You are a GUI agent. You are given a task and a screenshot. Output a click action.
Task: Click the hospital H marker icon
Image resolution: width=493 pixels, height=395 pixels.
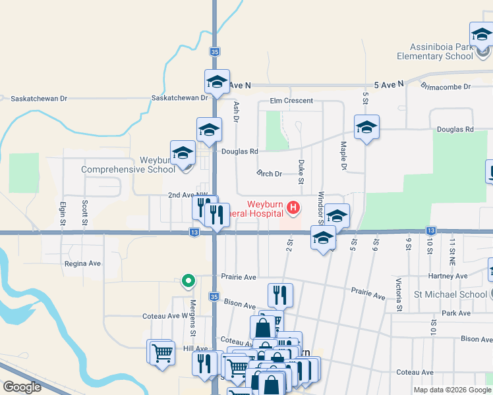(293, 210)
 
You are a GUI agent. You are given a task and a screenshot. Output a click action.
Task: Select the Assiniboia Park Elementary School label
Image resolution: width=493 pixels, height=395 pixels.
(435, 51)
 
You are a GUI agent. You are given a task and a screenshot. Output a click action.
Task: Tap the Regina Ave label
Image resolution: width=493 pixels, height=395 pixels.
(82, 263)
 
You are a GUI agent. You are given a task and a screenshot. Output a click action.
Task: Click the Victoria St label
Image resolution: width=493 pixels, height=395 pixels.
(399, 295)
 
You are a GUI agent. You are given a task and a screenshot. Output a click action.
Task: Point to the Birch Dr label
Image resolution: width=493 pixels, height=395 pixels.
(269, 174)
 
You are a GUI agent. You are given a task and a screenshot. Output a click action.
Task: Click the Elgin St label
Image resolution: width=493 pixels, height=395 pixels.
(63, 214)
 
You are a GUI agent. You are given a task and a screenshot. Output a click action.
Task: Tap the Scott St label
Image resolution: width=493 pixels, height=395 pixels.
(85, 214)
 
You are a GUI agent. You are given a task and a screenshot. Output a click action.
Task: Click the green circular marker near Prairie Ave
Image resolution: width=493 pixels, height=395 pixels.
(188, 282)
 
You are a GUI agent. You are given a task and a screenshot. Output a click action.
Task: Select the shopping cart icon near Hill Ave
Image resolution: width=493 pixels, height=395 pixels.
(161, 353)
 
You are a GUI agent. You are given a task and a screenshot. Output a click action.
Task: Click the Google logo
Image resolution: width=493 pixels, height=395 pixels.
(22, 386)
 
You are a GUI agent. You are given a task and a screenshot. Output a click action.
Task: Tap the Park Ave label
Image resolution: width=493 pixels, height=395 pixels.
(457, 313)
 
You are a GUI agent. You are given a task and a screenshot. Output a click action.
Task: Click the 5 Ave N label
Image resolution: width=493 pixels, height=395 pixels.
(388, 85)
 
